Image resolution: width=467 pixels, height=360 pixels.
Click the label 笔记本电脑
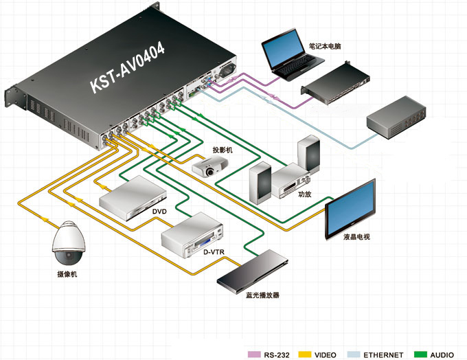click(325, 47)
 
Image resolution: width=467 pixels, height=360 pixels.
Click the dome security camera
click(69, 245)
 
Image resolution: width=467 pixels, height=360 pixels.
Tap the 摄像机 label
click(68, 275)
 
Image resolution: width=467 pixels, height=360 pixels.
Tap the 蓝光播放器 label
click(262, 295)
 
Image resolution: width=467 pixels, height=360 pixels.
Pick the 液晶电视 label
click(357, 237)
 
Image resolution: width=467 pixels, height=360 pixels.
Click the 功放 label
click(305, 194)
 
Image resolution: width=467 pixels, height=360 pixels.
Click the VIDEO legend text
click(325, 355)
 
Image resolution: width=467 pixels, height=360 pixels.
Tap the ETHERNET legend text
click(383, 355)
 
